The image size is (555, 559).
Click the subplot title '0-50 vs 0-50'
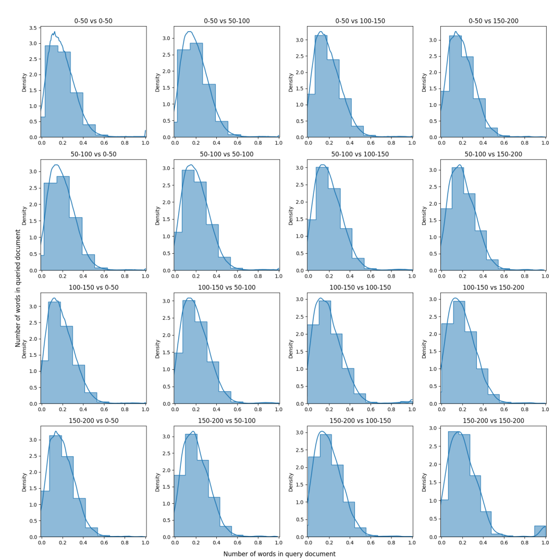(93, 21)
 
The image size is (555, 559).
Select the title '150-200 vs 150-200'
(493, 420)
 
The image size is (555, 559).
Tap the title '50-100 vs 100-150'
(360, 154)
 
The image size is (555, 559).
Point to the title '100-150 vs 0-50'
(93, 288)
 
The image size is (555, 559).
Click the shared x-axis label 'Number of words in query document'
(279, 554)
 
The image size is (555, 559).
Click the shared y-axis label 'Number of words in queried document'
(18, 288)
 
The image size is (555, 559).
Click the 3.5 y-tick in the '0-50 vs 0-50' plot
(33, 28)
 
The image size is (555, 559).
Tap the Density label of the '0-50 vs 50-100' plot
(157, 82)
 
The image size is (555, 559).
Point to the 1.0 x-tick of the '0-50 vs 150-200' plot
(545, 143)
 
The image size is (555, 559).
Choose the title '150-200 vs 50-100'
(227, 420)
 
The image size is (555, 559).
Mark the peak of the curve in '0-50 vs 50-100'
(190, 32)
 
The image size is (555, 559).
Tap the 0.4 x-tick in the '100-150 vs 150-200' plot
(483, 409)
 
